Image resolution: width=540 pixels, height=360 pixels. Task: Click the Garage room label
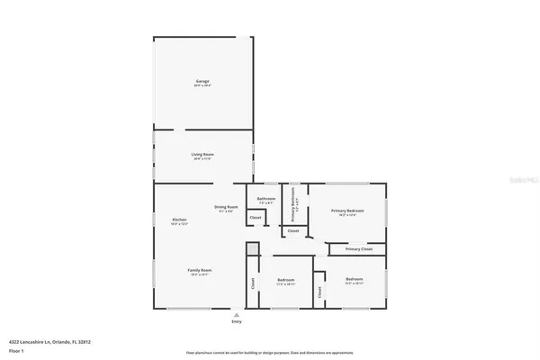pyautogui.click(x=202, y=81)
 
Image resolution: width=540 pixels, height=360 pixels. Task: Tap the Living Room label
pyautogui.click(x=202, y=155)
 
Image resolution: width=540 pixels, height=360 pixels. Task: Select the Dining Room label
pyautogui.click(x=226, y=207)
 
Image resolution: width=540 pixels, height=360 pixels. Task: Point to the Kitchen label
pyautogui.click(x=179, y=220)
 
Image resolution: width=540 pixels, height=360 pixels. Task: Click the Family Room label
pyautogui.click(x=199, y=270)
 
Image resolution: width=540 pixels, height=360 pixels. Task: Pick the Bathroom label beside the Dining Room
pyautogui.click(x=266, y=198)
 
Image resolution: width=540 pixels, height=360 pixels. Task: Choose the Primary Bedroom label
pyautogui.click(x=346, y=210)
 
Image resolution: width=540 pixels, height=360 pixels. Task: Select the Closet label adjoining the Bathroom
pyautogui.click(x=256, y=218)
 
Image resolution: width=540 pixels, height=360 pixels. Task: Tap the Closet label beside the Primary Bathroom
pyautogui.click(x=293, y=231)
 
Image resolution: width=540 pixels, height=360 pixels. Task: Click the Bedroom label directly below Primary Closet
pyautogui.click(x=354, y=279)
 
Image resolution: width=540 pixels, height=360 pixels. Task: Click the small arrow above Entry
pyautogui.click(x=237, y=313)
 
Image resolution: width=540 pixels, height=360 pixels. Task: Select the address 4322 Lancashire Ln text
pyautogui.click(x=50, y=342)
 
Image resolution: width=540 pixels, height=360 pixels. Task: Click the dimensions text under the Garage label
pyautogui.click(x=202, y=85)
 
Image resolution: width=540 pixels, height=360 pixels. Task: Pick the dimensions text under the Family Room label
pyautogui.click(x=199, y=274)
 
